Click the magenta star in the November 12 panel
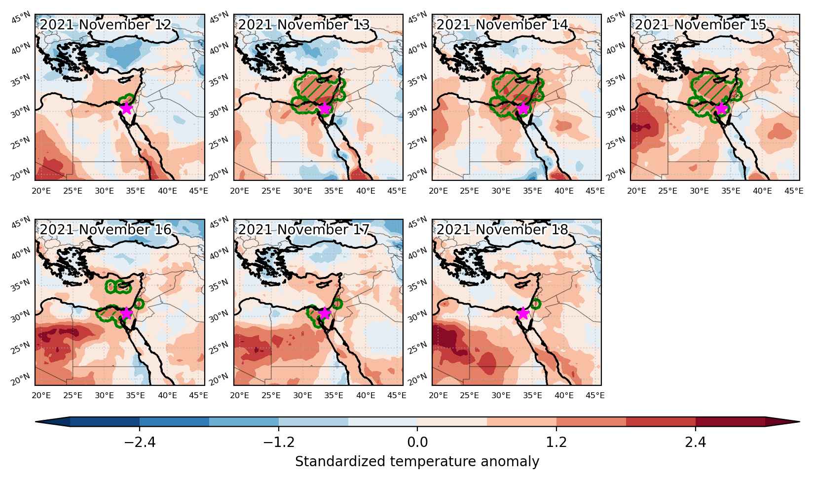126,108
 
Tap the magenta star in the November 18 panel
522,313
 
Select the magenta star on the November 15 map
721,108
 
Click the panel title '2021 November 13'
304,25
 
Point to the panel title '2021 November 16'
105,230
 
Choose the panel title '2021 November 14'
502,25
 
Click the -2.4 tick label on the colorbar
140,442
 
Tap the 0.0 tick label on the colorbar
417,442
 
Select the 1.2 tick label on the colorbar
556,442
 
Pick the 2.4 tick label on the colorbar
696,442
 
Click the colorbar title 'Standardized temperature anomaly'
417,462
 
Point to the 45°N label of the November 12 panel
21,17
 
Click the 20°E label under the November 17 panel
240,395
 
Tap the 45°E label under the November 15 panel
794,191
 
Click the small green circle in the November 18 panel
536,303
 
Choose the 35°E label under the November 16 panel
135,395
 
